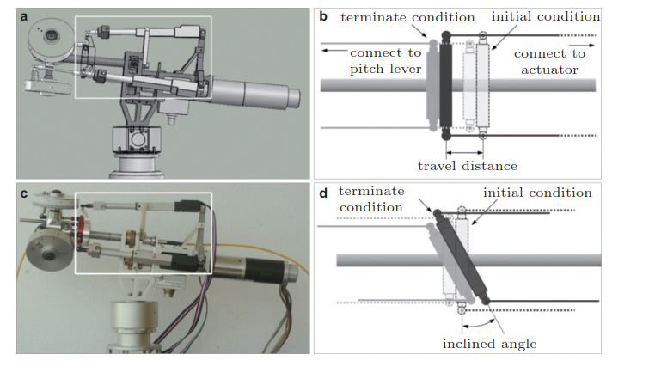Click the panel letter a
(x=25, y=15)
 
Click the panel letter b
(x=323, y=15)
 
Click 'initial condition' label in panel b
(x=546, y=16)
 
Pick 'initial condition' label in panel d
(x=538, y=193)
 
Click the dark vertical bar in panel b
(x=445, y=86)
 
